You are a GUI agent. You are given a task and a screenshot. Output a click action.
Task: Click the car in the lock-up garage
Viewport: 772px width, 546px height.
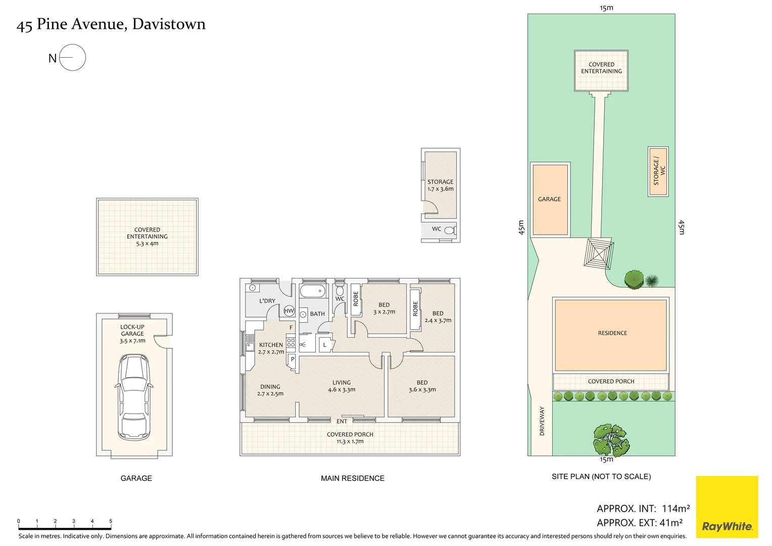pos(134,397)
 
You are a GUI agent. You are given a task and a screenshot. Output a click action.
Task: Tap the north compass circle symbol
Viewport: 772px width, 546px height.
pos(72,57)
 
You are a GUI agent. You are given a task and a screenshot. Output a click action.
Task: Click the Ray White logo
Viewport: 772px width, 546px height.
pos(727,507)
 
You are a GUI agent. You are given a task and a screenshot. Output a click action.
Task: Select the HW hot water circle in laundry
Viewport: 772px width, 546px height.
pos(289,311)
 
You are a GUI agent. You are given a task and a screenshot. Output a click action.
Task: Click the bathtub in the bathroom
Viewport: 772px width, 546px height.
pos(313,291)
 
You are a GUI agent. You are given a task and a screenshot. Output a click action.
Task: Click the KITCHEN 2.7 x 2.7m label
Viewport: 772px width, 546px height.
pos(271,348)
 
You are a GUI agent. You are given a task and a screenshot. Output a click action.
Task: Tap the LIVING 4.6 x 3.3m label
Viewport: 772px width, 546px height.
pos(342,386)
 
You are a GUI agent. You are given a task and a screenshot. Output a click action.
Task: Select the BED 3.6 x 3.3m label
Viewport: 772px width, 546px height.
pos(422,386)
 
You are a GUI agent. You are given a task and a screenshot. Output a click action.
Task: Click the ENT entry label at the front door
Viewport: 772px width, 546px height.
pos(342,421)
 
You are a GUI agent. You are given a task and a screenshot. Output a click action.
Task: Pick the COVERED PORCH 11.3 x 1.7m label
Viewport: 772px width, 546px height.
pos(350,438)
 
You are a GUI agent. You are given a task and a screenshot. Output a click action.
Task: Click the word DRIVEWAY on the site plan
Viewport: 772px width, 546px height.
pos(542,421)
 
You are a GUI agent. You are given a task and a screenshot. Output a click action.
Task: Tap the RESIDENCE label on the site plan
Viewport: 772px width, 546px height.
pos(612,333)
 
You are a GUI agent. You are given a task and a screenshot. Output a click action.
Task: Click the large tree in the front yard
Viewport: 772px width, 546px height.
pos(611,439)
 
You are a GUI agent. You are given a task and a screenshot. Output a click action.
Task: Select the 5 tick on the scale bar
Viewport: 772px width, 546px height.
pos(111,524)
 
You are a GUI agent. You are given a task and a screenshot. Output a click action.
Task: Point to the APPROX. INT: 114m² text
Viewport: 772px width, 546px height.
pos(643,509)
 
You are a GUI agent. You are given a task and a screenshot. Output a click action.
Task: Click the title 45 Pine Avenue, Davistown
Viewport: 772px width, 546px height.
pos(111,24)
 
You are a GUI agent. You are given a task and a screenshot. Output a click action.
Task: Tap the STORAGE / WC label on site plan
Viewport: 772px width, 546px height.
pos(659,171)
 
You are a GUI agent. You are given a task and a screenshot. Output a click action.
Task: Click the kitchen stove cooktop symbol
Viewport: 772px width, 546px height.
pos(291,342)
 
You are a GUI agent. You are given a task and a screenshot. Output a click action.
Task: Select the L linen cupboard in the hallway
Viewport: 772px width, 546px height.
pos(325,345)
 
